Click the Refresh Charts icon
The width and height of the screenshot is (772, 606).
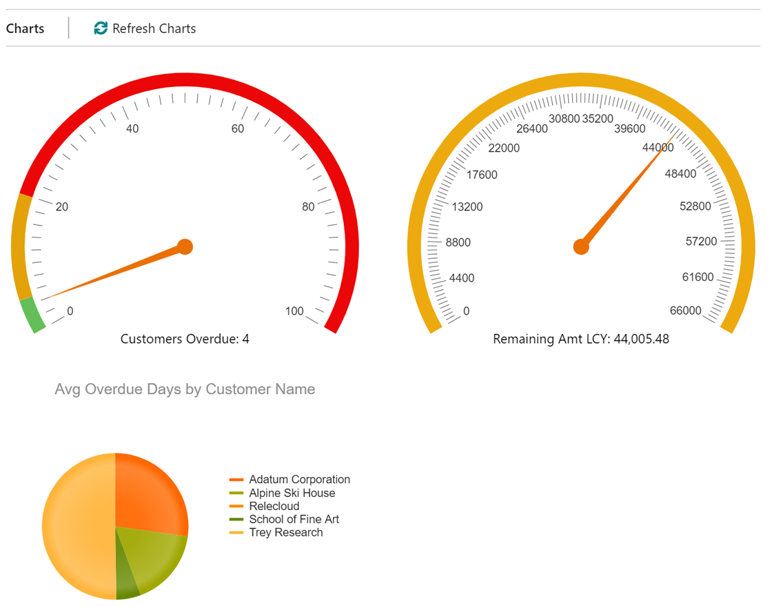tap(101, 28)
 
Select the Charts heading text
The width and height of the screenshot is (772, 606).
tap(25, 28)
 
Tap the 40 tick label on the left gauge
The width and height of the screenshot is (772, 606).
tap(132, 128)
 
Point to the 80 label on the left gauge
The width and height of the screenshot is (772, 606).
tap(308, 206)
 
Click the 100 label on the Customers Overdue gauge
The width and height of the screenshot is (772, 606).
tap(294, 311)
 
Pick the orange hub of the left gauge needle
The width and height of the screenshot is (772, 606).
tap(185, 246)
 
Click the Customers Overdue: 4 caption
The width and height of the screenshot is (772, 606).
tap(185, 339)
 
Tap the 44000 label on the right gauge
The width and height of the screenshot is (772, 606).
tap(658, 148)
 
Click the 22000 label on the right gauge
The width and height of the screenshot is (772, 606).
tap(503, 148)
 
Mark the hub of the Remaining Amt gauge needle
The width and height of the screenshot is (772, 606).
tap(582, 246)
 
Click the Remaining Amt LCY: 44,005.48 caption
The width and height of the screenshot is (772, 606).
tap(581, 339)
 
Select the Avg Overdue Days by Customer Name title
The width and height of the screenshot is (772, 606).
tap(185, 389)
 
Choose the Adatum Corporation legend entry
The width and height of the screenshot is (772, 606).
tap(299, 479)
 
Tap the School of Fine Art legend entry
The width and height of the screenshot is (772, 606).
tap(294, 519)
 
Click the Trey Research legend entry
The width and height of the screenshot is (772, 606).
tap(285, 532)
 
